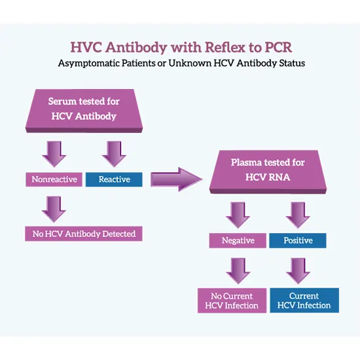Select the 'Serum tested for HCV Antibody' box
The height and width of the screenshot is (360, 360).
[x=82, y=109]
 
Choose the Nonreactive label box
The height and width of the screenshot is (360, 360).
[x=54, y=179]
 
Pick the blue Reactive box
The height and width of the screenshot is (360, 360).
[x=114, y=179]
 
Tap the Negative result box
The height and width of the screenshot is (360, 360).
[x=238, y=240]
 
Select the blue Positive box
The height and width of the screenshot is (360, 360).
[x=298, y=240]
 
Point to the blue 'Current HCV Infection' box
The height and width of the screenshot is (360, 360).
[x=304, y=300]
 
